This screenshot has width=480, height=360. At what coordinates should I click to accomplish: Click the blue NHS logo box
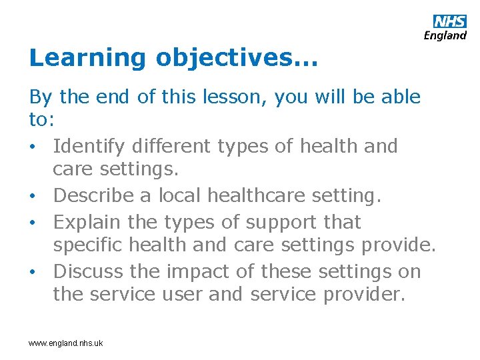(x=450, y=21)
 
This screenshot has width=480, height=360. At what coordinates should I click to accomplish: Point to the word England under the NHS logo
(x=445, y=36)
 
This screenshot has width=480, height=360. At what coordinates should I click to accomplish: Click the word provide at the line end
(x=399, y=245)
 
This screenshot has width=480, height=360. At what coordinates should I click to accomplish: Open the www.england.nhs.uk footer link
(x=65, y=343)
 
